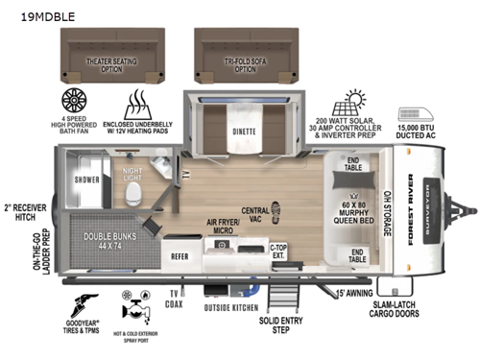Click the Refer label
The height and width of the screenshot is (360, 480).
pos(180,256)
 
